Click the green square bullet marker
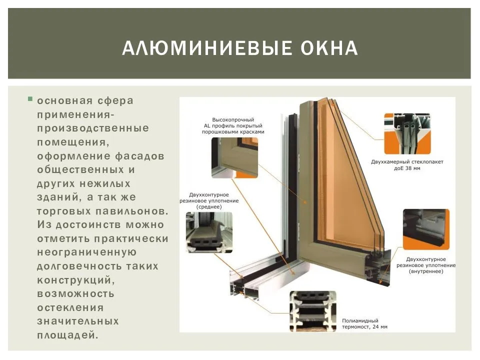(30, 99)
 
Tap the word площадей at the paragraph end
(66, 334)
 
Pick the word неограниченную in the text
(87, 252)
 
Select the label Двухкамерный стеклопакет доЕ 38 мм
(407, 165)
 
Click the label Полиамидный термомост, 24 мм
(364, 323)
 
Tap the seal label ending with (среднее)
(209, 200)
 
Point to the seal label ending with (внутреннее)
(426, 265)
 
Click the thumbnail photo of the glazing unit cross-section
(407, 133)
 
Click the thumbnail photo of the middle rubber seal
(209, 232)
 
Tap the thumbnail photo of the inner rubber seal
(426, 229)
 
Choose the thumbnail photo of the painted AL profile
(234, 157)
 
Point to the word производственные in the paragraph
(93, 128)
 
